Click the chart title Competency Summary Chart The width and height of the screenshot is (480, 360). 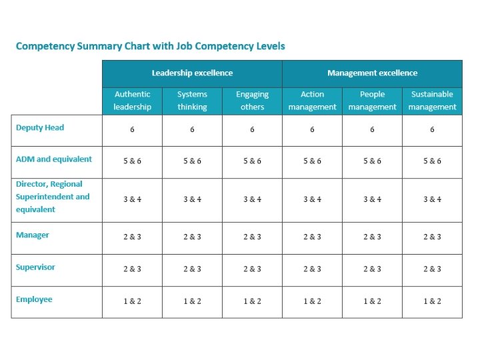(150, 46)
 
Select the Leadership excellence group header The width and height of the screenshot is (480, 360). (192, 73)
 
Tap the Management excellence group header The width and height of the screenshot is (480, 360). (372, 73)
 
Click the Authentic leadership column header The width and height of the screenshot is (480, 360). (132, 101)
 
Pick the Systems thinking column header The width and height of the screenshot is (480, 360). (192, 101)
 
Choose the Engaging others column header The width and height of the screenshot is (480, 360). (252, 101)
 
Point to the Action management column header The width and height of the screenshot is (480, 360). (312, 101)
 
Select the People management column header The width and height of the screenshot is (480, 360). (372, 101)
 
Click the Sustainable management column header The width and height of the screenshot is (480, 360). (432, 101)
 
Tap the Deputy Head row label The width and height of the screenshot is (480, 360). (40, 127)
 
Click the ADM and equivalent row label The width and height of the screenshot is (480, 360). (54, 159)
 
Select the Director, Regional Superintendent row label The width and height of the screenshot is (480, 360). (53, 197)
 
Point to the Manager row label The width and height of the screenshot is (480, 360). (33, 235)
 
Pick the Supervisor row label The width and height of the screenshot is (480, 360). (36, 267)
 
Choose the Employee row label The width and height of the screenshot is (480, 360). (34, 299)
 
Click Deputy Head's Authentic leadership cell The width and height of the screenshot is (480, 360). (132, 129)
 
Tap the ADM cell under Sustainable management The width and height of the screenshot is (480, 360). (432, 161)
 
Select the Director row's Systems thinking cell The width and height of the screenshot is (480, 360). (192, 199)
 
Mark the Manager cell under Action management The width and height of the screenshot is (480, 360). (312, 237)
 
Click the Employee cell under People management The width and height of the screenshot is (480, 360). (372, 301)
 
